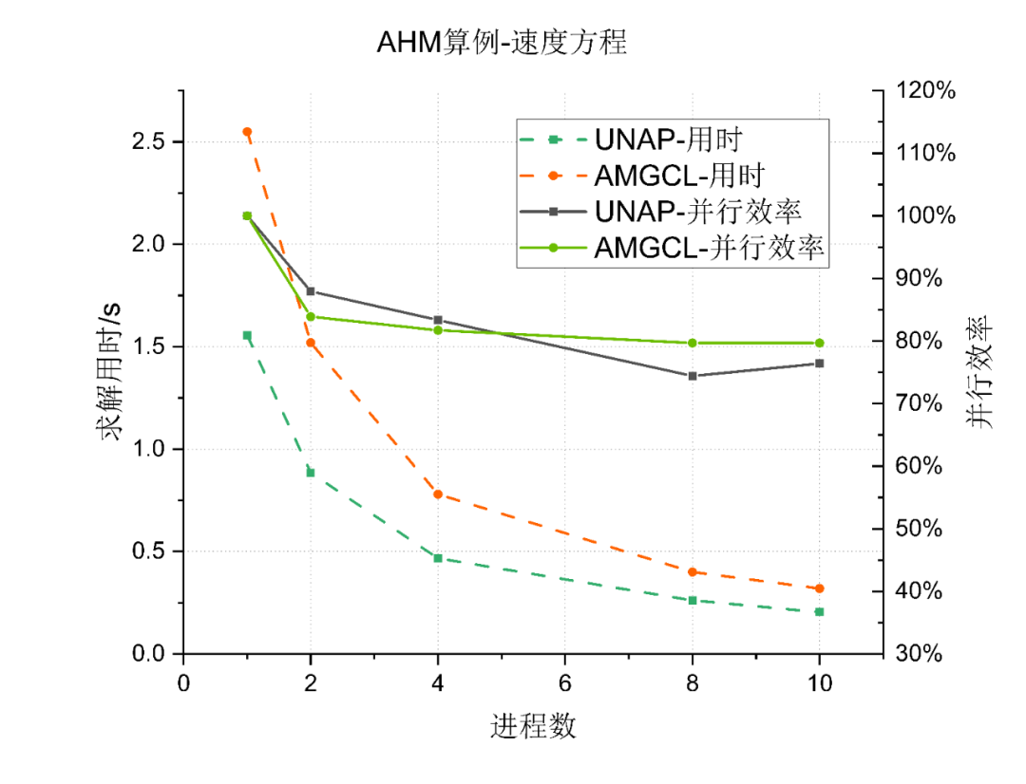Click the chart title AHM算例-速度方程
503,43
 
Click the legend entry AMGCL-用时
680,176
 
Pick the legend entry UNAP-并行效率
698,212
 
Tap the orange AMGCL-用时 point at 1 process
247,132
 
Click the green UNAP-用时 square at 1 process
247,335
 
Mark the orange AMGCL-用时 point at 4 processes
438,494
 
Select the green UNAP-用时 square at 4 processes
438,558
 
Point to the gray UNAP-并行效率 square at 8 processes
693,376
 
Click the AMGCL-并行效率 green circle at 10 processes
819,343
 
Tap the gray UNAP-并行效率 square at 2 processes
311,291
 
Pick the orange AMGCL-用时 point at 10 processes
819,588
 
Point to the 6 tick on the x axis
565,682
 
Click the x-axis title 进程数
533,727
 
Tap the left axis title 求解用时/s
111,372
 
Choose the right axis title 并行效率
980,372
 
